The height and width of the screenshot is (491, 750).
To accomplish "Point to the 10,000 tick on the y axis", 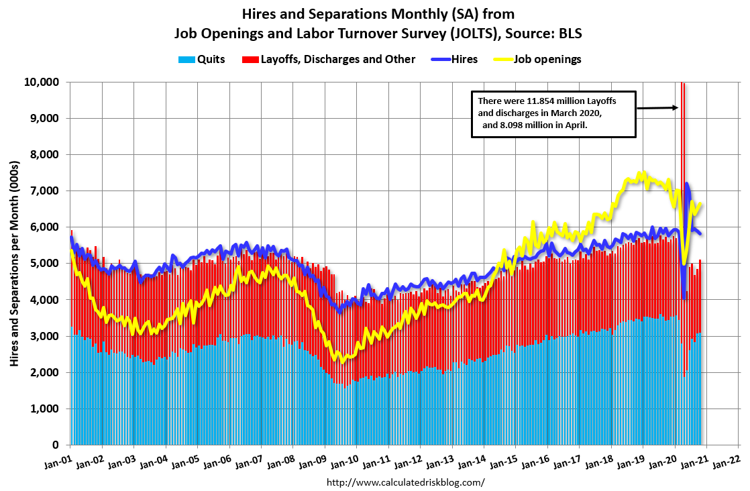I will pos(42,82).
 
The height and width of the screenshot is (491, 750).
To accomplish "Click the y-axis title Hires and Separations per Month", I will pos(14,263).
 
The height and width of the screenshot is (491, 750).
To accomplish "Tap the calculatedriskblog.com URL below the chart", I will pos(405,482).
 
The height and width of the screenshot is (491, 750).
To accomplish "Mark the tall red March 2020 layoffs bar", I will pos(682,201).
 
